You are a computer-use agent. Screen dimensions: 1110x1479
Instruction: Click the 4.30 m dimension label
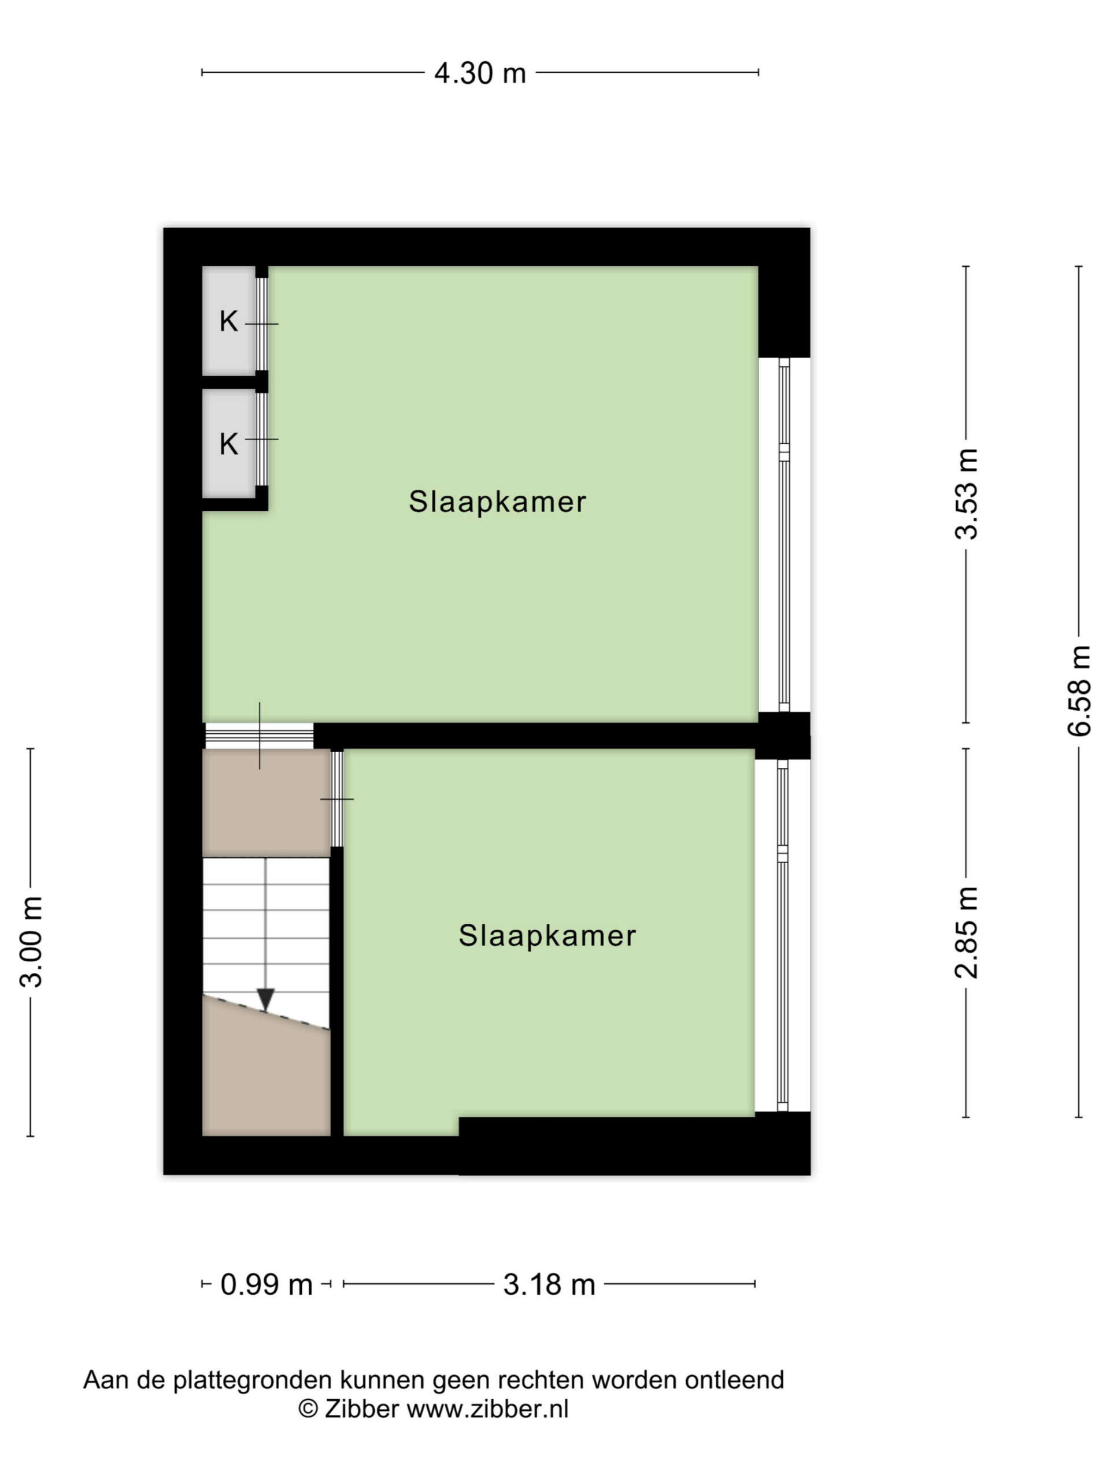(480, 73)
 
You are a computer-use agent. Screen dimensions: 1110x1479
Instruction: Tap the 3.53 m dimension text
(967, 493)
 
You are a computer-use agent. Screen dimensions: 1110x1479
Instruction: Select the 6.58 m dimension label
(1079, 692)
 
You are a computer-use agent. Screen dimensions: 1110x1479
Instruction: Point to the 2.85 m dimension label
(967, 932)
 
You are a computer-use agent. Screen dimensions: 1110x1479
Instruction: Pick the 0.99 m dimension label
(267, 1284)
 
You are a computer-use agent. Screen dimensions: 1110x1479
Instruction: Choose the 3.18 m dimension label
(549, 1284)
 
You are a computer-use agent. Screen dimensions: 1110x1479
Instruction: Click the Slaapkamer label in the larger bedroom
(497, 502)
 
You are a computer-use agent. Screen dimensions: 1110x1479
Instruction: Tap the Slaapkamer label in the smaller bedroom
(547, 935)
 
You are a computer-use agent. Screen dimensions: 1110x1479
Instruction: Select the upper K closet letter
(228, 322)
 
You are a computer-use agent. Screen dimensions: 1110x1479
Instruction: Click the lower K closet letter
(228, 444)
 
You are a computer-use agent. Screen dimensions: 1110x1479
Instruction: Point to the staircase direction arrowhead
(265, 999)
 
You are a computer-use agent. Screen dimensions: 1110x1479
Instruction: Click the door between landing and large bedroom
(259, 735)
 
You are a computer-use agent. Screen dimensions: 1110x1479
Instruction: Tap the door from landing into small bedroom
(337, 798)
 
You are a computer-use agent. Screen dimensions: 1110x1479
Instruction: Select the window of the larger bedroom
(784, 535)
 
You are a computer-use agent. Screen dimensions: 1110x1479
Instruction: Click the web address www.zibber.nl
(488, 1409)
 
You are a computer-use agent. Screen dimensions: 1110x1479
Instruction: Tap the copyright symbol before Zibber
(308, 1409)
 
